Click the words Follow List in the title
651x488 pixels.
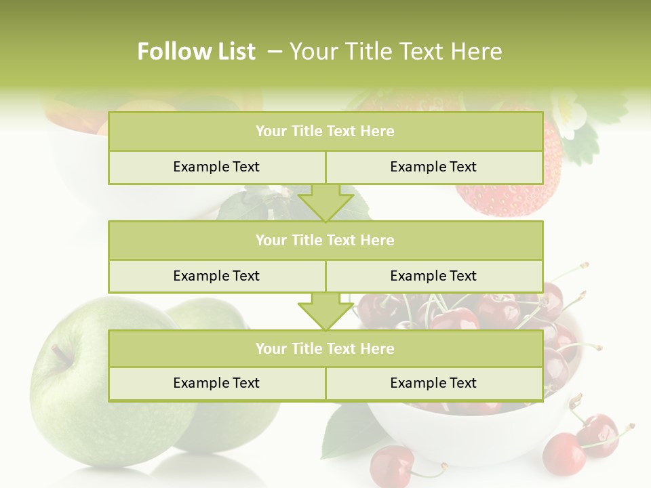click(196, 52)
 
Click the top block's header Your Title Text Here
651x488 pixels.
click(325, 131)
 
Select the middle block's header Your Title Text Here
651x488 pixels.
click(325, 240)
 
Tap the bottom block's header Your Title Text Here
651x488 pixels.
click(325, 348)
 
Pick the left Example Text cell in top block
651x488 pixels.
click(216, 167)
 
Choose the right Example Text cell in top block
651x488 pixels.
click(433, 167)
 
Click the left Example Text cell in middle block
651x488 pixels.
click(216, 276)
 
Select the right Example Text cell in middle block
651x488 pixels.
click(433, 276)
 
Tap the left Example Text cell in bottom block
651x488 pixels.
click(216, 383)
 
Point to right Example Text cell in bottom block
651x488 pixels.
click(433, 383)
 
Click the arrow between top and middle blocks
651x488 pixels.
click(325, 203)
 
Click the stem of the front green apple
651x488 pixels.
click(61, 353)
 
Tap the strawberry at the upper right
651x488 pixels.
click(515, 197)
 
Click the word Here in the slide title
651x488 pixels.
click(479, 52)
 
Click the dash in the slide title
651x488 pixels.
click(275, 52)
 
